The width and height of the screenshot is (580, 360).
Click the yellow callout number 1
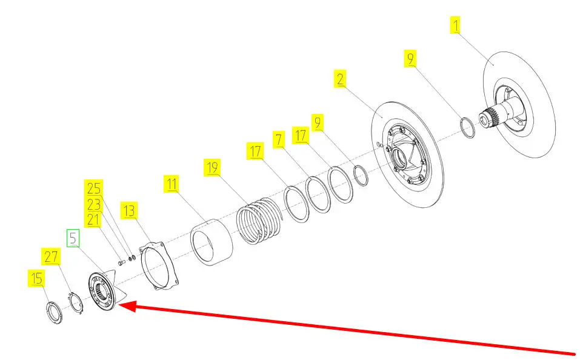(x=455, y=25)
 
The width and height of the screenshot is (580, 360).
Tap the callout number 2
(x=339, y=78)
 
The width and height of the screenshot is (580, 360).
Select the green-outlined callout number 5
(x=73, y=238)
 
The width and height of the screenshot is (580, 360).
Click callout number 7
(x=279, y=139)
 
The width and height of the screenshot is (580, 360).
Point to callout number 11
(x=172, y=184)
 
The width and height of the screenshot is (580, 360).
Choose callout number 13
(x=129, y=210)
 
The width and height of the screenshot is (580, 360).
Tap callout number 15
(x=36, y=278)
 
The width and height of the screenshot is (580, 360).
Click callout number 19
(x=212, y=167)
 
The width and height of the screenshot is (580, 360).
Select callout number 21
(x=93, y=220)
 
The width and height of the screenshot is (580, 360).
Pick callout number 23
(x=93, y=204)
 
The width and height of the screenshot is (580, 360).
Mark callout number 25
(x=93, y=188)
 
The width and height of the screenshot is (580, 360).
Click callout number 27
(x=51, y=256)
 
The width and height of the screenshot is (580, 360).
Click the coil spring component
(x=259, y=221)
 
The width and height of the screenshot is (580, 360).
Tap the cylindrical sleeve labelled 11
(x=212, y=242)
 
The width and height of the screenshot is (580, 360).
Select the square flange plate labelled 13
(x=159, y=265)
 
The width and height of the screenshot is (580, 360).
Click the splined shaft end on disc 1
(x=488, y=116)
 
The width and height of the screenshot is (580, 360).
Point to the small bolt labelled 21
(x=122, y=262)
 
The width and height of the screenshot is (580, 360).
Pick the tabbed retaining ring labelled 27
(x=76, y=302)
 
